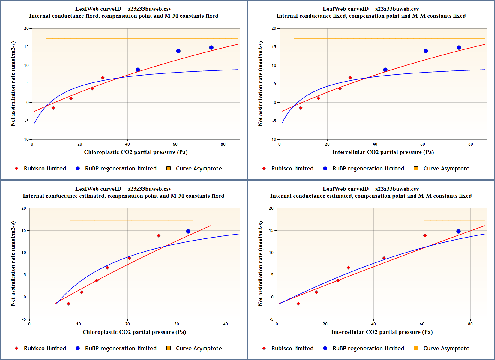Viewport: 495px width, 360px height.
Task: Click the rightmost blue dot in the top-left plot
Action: [211, 48]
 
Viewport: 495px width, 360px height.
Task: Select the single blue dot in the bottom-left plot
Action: [188, 231]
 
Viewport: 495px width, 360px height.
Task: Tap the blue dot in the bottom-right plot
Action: [458, 231]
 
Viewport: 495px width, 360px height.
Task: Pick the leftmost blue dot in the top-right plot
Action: [385, 70]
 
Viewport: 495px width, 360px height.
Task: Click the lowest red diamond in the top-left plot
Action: [53, 108]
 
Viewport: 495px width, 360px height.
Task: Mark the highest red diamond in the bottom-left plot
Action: [158, 236]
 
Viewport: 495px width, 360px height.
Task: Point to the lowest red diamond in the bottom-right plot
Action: [298, 304]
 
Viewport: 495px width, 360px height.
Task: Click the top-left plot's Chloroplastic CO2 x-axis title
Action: [136, 152]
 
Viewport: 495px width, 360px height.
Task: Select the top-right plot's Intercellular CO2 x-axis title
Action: [383, 152]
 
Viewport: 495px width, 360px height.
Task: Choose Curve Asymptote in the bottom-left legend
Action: [199, 348]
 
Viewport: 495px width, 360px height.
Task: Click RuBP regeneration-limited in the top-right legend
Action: [368, 168]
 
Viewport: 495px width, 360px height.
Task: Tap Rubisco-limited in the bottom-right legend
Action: [292, 348]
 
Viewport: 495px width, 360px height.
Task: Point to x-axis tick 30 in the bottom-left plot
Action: [177, 324]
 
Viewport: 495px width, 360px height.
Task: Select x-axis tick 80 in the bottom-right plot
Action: [470, 324]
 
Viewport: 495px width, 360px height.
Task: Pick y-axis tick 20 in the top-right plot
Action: [274, 28]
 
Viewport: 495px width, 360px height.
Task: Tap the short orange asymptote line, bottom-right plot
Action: [454, 220]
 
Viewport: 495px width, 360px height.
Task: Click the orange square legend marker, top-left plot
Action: [169, 168]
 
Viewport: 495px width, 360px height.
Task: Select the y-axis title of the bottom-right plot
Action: [260, 264]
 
